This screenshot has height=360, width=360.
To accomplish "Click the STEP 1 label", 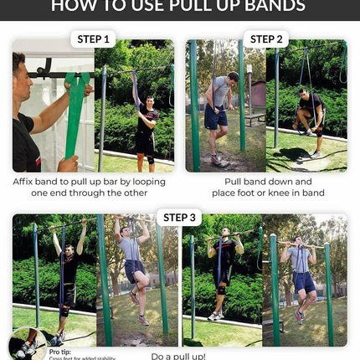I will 94,39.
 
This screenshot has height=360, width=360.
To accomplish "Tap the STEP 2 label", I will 267,39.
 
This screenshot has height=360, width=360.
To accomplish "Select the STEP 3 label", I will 180,218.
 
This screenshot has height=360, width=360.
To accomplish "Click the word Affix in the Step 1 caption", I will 27,182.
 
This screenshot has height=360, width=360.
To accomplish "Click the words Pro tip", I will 61,352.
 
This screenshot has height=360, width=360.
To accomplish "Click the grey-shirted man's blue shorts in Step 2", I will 216,116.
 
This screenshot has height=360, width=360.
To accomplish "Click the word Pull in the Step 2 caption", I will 235,182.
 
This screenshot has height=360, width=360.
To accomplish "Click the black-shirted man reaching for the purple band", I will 146,126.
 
